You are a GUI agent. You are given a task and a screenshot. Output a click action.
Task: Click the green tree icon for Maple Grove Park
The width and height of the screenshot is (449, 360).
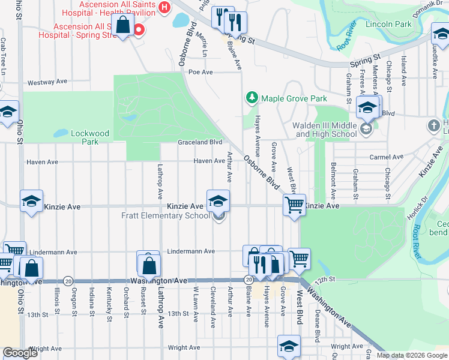(x=252, y=97)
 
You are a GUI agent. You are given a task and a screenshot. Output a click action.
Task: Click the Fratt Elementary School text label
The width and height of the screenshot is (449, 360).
(x=165, y=216)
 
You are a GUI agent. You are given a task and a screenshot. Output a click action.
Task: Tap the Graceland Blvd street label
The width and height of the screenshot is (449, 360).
(x=200, y=143)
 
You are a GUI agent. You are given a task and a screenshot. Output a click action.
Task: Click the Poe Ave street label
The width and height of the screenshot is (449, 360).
(x=201, y=72)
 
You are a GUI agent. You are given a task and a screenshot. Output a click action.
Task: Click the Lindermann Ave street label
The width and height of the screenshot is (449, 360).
(x=191, y=251)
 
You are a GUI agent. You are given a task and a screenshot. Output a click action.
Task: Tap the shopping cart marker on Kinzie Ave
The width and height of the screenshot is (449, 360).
(x=294, y=205)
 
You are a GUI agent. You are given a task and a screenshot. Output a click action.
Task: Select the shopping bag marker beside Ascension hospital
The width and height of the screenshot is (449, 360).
(x=123, y=25)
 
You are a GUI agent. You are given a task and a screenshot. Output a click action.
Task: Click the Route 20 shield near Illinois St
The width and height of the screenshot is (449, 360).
(x=68, y=281)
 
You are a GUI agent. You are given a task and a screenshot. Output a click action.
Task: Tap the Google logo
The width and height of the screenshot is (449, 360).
(x=20, y=353)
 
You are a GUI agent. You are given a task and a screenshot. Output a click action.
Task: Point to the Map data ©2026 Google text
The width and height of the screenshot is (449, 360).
(x=412, y=355)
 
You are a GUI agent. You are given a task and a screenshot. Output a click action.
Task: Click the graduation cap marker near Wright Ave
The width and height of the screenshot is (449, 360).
(x=289, y=346)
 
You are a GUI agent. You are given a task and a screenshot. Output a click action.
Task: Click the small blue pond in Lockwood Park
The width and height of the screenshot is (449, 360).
(x=61, y=133)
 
